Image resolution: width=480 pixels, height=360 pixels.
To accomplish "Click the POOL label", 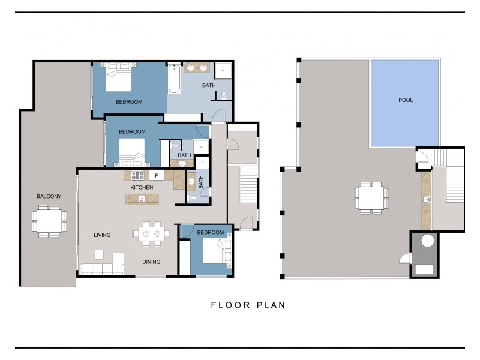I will pyautogui.click(x=406, y=100).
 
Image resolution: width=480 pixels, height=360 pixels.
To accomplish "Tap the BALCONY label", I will pyautogui.click(x=49, y=196).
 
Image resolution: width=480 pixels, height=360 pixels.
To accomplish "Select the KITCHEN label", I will pyautogui.click(x=142, y=188).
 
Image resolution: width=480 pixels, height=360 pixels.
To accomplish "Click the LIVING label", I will pyautogui.click(x=102, y=235).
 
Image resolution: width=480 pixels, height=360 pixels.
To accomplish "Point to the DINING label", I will pyautogui.click(x=151, y=262).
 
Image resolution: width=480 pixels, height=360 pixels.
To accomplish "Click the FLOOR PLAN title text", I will pyautogui.click(x=248, y=305).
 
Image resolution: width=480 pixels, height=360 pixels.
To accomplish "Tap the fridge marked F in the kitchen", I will pyautogui.click(x=156, y=175).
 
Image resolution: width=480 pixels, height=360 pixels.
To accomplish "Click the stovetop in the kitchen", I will pyautogui.click(x=136, y=175).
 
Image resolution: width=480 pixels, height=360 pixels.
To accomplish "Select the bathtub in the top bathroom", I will pyautogui.click(x=174, y=79).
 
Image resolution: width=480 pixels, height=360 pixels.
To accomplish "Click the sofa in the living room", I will pyautogui.click(x=102, y=268).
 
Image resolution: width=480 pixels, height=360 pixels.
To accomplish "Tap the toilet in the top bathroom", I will pyautogui.click(x=224, y=94).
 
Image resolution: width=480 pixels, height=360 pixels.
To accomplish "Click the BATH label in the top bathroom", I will pyautogui.click(x=208, y=85).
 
